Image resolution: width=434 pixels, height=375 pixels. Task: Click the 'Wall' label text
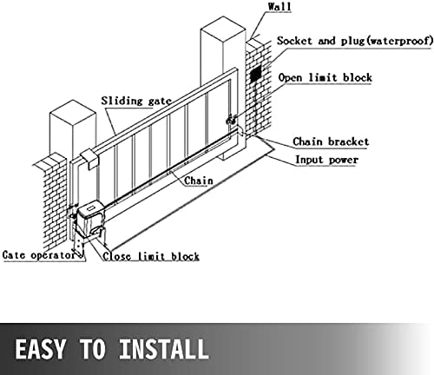coord(279,6)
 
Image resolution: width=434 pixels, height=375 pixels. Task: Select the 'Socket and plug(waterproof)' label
coord(355,41)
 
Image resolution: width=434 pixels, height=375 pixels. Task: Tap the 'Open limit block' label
coord(325,77)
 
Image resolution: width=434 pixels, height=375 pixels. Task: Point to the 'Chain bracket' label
coord(331,141)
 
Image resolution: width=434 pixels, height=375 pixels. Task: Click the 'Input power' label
coord(326,160)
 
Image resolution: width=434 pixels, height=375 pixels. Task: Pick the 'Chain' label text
coord(199,181)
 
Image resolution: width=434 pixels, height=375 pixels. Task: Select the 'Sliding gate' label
coord(136,101)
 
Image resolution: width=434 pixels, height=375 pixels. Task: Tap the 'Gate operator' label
coord(39,255)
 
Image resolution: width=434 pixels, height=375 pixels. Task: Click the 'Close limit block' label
coord(151,256)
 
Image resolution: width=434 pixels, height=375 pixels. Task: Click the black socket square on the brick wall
coord(255,74)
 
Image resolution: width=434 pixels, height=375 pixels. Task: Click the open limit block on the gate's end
coord(232,119)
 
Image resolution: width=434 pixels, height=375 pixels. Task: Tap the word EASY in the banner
coord(40,349)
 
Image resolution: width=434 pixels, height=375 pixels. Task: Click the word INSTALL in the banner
coord(163,349)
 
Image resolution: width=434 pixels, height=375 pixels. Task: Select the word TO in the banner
coord(92,349)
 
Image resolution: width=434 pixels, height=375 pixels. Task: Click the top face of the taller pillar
coord(223,27)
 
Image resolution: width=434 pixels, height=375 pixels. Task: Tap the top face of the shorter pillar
coord(73,110)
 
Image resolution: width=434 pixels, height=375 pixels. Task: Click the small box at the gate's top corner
coord(89,159)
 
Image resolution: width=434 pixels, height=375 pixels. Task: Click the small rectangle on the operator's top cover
coord(90,207)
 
